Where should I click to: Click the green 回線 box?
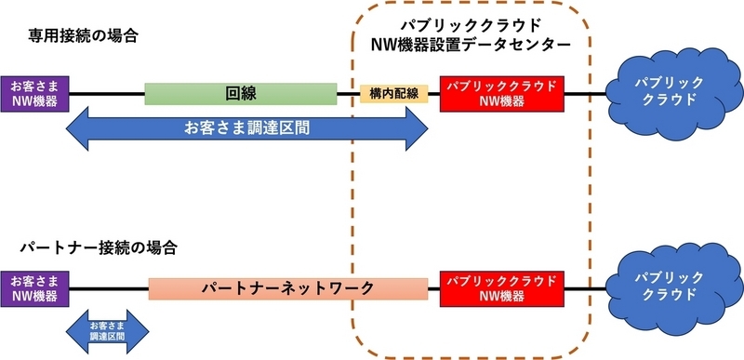[241, 94]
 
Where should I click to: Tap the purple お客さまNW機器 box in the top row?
[33, 94]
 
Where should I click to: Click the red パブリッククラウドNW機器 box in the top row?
[502, 94]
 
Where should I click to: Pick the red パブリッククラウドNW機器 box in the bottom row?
[502, 288]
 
